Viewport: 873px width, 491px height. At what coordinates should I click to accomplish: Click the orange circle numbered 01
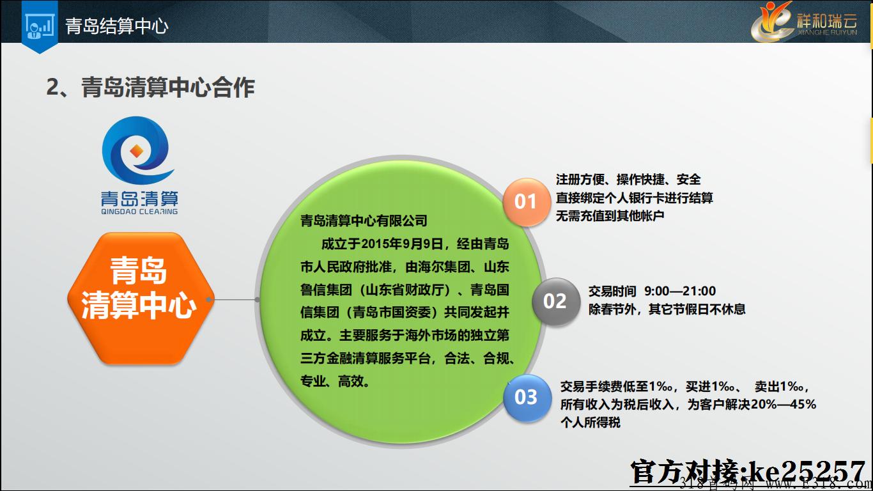click(525, 201)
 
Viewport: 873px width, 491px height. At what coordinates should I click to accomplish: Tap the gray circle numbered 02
click(555, 301)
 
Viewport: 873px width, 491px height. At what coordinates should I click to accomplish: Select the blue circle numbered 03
click(526, 398)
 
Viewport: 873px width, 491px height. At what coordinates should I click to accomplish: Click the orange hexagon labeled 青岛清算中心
click(141, 299)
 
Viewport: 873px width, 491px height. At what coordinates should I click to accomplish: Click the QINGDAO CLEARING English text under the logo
click(139, 212)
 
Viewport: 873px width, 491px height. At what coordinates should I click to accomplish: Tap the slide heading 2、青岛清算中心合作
click(150, 87)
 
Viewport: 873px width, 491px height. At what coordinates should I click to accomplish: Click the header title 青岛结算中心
click(116, 26)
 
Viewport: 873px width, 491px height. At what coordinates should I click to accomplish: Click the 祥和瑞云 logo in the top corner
click(805, 22)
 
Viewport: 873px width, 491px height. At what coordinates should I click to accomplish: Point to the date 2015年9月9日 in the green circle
click(403, 244)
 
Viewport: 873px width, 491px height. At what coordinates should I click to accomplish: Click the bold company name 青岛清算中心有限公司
click(364, 221)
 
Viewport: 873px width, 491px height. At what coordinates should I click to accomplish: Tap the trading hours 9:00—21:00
click(680, 291)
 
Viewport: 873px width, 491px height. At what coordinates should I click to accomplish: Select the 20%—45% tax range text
click(784, 404)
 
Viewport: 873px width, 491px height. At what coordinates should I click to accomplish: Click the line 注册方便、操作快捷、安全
click(628, 180)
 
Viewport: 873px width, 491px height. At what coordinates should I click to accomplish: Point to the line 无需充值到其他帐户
click(610, 215)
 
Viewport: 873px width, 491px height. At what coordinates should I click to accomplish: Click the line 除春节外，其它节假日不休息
click(667, 309)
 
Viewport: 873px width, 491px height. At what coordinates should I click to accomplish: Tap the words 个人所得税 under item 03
click(590, 423)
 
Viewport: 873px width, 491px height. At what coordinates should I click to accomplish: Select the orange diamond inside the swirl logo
click(136, 151)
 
